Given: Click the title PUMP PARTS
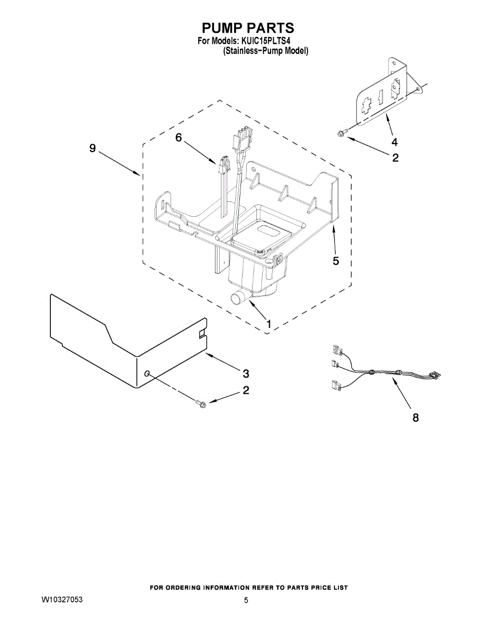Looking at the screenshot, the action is pos(247,28).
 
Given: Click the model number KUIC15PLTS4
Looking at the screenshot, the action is pos(268,40).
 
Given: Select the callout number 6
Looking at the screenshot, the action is pos(178,137).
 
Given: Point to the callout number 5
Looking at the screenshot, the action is pos(336,261).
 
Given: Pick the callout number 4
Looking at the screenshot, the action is pos(394,142).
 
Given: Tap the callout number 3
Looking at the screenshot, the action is pos(245,373).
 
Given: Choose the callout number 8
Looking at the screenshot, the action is pos(415,418).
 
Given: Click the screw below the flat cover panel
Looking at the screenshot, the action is pos(200,404).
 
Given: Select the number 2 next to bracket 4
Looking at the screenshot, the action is pos(395,157).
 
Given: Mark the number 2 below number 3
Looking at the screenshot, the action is pos(245,391).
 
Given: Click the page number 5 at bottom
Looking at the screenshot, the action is pos(246,600).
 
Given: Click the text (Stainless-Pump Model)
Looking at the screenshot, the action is pos(265,51).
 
